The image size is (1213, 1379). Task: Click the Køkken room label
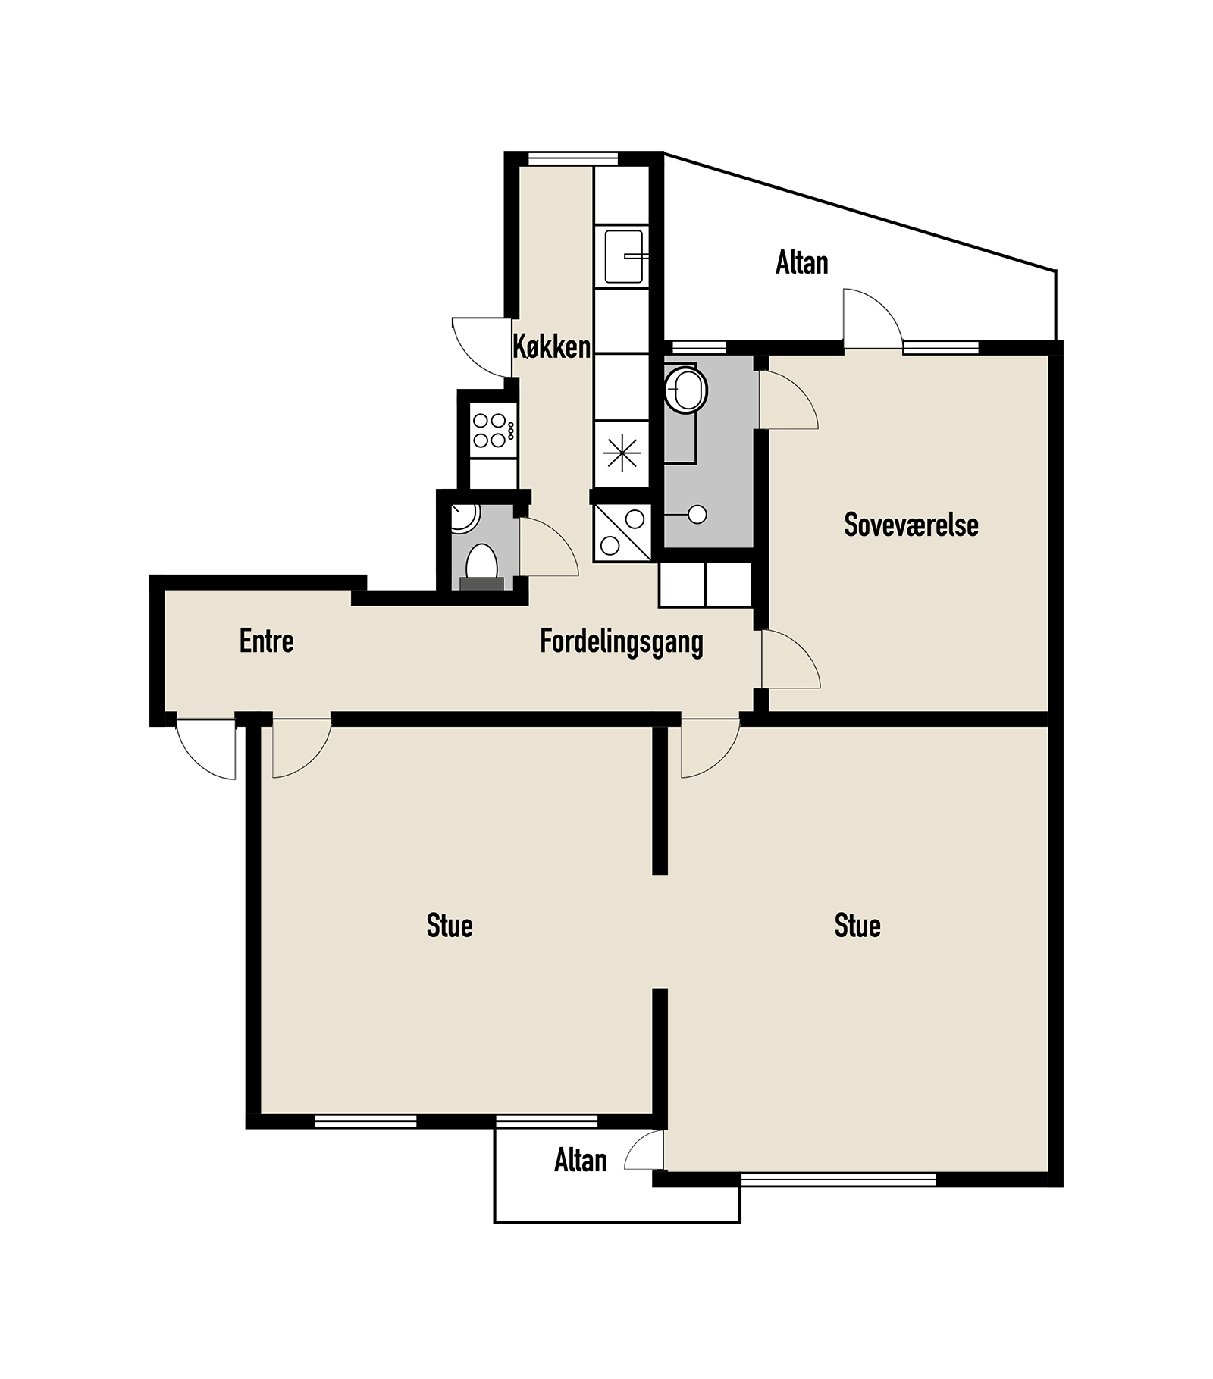click(x=551, y=346)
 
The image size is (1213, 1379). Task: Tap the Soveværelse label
click(x=911, y=525)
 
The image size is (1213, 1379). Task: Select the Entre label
click(x=266, y=641)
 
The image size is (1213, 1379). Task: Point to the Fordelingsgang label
click(x=622, y=642)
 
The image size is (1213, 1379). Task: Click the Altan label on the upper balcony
click(x=801, y=263)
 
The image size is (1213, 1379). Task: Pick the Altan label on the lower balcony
click(x=581, y=1161)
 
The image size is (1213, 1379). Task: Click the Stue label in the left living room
click(x=450, y=926)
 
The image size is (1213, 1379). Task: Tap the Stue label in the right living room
click(x=857, y=926)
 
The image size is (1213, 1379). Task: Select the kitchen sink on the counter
click(x=625, y=257)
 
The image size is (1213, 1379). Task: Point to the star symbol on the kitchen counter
click(x=622, y=454)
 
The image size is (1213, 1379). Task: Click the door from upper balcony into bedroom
click(x=873, y=318)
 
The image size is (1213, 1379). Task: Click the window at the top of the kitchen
click(x=573, y=158)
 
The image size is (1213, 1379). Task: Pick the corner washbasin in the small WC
click(x=463, y=518)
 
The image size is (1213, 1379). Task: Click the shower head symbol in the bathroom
click(x=697, y=515)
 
